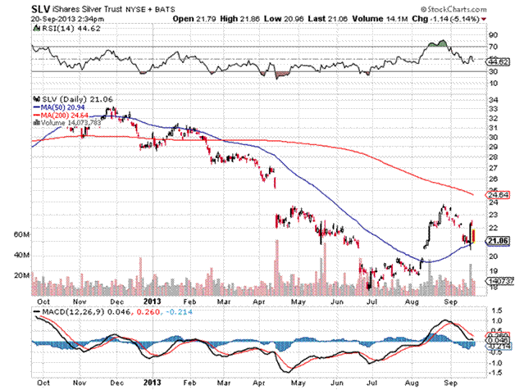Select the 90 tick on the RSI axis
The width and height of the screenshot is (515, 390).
(492, 36)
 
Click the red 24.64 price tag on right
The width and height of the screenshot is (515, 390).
(497, 194)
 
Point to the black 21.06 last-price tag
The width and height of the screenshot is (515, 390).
(497, 240)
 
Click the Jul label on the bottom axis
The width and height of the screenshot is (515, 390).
(372, 383)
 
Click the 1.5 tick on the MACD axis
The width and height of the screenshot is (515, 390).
(494, 311)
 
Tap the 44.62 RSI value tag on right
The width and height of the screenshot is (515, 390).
(497, 61)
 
